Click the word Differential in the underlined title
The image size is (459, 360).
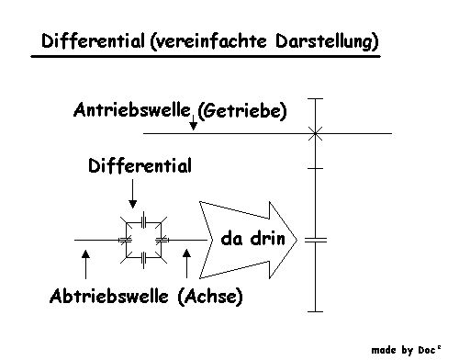click(x=93, y=41)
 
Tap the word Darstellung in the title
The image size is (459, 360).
click(x=327, y=41)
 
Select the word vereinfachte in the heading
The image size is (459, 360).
click(x=208, y=41)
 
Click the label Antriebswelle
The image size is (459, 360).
click(x=132, y=110)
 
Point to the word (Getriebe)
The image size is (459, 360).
click(x=242, y=111)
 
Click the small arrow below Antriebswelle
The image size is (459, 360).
click(x=193, y=122)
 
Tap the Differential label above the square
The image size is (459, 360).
click(x=140, y=166)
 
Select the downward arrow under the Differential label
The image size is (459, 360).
click(x=132, y=194)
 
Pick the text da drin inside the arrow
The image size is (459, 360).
click(x=252, y=239)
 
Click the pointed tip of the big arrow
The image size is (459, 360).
click(x=297, y=240)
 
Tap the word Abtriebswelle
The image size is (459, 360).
click(x=109, y=297)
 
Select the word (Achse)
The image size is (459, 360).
click(x=210, y=297)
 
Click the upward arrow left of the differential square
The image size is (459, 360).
click(x=85, y=264)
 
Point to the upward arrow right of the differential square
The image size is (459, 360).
click(x=186, y=264)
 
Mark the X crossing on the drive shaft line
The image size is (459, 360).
click(x=315, y=133)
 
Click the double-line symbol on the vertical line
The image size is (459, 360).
click(x=316, y=240)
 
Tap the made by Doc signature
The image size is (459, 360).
click(x=406, y=350)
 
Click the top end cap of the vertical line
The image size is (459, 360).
click(x=315, y=98)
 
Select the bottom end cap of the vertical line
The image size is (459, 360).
click(x=315, y=311)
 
